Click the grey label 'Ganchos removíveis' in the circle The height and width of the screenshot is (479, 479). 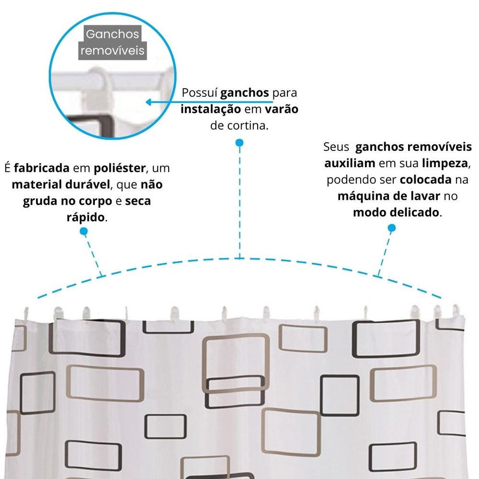[x=113, y=42]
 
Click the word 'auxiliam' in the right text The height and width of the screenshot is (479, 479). [x=350, y=163]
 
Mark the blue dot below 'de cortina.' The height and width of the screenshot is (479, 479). [x=239, y=143]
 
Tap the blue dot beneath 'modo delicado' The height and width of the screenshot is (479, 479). [x=392, y=228]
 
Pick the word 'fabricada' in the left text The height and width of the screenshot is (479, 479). [x=42, y=169]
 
